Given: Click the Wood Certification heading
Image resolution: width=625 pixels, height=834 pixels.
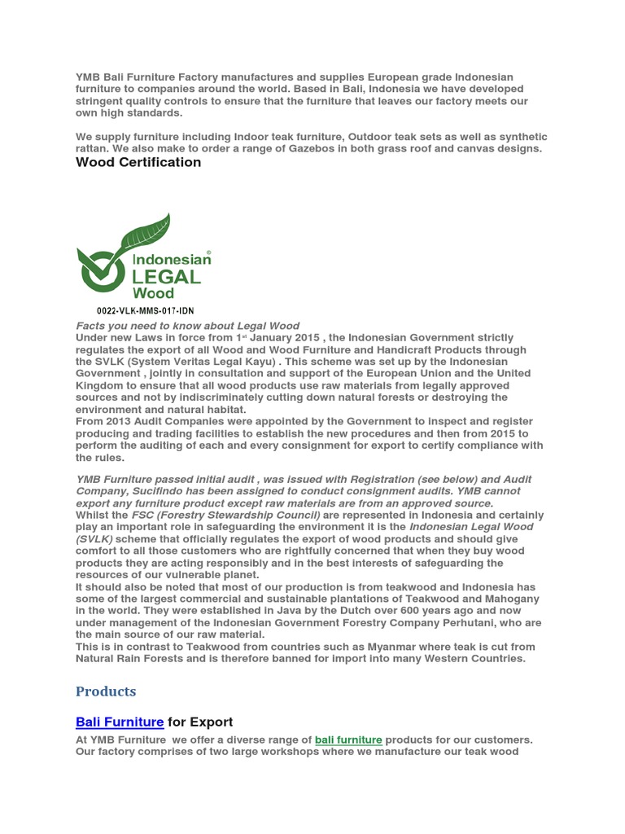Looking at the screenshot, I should click(x=138, y=162).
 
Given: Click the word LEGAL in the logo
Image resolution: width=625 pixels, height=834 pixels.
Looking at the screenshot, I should click(x=166, y=275).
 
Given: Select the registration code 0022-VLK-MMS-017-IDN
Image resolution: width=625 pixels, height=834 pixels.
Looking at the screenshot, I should click(x=145, y=311).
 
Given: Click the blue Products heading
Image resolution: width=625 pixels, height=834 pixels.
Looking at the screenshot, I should click(x=106, y=691).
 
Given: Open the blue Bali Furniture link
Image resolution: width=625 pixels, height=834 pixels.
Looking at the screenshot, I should click(x=120, y=722).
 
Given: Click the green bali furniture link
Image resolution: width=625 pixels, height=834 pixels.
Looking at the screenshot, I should click(x=348, y=740).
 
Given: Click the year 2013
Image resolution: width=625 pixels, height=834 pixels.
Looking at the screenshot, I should click(x=120, y=422).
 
